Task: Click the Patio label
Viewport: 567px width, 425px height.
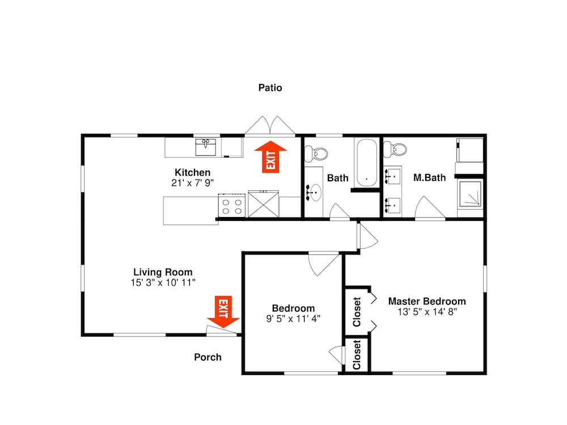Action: click(x=270, y=88)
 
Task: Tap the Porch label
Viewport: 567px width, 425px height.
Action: click(x=208, y=357)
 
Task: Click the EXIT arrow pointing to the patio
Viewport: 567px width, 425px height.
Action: click(x=270, y=157)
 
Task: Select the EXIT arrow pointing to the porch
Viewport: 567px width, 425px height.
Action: click(x=223, y=312)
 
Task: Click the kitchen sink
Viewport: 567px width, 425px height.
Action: click(x=206, y=147)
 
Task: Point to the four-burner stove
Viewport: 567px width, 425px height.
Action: click(x=232, y=206)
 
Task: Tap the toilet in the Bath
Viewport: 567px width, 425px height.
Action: click(x=316, y=154)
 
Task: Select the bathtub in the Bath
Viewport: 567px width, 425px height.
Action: click(x=367, y=163)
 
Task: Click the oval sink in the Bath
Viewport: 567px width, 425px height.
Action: click(x=314, y=192)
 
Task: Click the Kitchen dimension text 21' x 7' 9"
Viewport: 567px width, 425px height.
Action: click(x=192, y=183)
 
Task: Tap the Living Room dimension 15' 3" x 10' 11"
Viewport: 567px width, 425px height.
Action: click(x=163, y=283)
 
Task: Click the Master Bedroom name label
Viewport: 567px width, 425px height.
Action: click(x=427, y=301)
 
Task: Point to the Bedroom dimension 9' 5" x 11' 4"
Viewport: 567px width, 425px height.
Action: click(x=293, y=318)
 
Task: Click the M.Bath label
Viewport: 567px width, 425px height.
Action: click(x=430, y=178)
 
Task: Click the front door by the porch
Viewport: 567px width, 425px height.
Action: click(x=221, y=331)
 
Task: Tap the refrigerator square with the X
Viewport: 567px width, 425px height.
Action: click(x=263, y=204)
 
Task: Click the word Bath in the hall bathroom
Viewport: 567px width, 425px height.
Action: click(x=338, y=178)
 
